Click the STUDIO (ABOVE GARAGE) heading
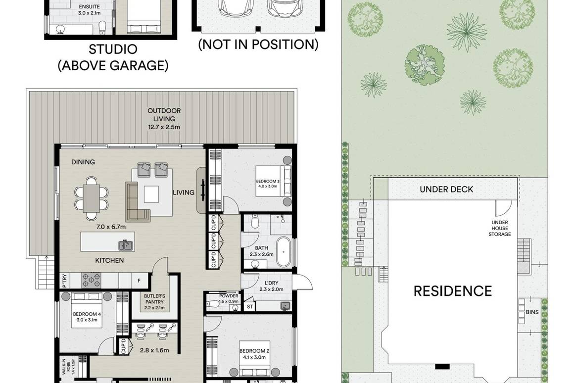113,57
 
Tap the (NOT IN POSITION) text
258,45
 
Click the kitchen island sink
125,244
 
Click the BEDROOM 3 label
268,184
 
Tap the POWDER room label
229,298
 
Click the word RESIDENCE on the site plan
453,290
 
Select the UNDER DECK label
446,189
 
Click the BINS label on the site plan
532,312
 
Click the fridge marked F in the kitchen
139,281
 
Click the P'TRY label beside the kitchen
64,281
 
